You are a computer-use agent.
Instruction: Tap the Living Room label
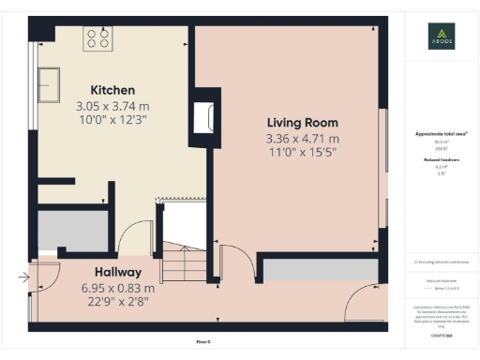click(302, 123)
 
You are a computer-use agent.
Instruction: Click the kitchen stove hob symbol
click(98, 38)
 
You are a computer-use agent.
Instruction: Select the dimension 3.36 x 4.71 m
click(302, 139)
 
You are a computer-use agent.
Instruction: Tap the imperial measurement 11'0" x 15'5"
click(302, 152)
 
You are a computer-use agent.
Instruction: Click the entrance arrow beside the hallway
click(22, 277)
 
